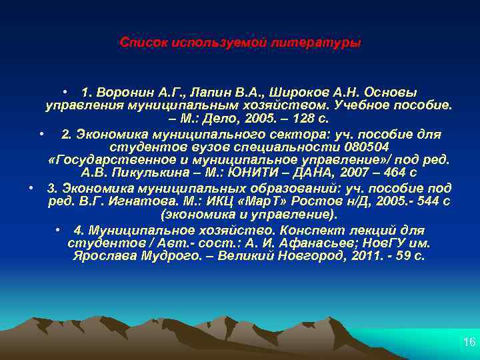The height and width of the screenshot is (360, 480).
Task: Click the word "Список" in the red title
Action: click(x=143, y=43)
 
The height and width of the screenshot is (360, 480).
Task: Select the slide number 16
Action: click(x=469, y=342)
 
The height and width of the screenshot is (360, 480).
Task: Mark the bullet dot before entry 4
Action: click(x=60, y=230)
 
